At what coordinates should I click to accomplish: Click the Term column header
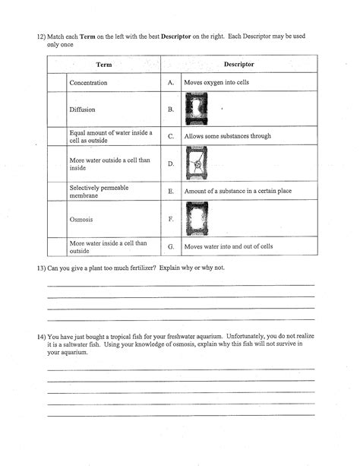[x=103, y=65]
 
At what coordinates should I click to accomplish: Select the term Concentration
[x=88, y=82]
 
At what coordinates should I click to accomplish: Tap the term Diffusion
[x=82, y=109]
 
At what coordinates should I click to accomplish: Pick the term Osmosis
[x=81, y=220]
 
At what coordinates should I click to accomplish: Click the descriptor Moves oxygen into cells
[x=216, y=82]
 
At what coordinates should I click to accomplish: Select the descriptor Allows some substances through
[x=227, y=136]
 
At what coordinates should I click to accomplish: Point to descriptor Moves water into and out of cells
[x=229, y=246]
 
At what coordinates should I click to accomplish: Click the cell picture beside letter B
[x=197, y=109]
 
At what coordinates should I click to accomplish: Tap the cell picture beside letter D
[x=197, y=163]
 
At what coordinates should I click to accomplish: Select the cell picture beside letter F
[x=197, y=220]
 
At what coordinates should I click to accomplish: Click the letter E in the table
[x=171, y=192]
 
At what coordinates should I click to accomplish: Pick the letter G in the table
[x=171, y=246]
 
